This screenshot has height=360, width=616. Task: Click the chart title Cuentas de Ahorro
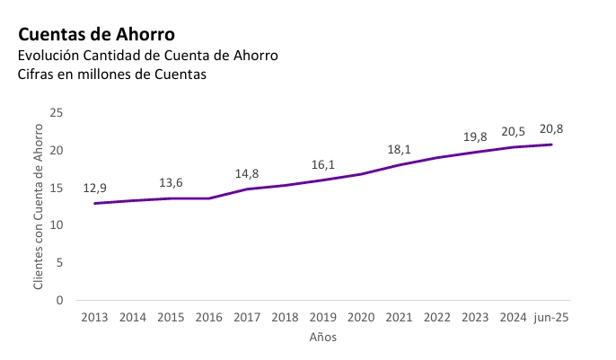[96, 34]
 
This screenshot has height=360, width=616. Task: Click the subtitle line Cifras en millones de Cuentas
[112, 75]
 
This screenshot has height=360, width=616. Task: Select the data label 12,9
[95, 189]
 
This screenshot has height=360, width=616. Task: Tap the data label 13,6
[171, 183]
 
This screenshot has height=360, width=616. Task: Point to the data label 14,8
[247, 174]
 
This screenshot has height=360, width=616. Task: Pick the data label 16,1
[322, 165]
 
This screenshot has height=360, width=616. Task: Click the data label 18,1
[399, 150]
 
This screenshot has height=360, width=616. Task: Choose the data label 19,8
[475, 137]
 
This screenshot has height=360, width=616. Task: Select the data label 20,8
[551, 129]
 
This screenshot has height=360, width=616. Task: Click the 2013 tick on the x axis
[95, 318]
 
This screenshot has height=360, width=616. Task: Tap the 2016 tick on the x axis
[209, 318]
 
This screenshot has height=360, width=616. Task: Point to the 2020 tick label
[361, 318]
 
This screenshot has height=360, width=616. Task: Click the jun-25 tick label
[551, 318]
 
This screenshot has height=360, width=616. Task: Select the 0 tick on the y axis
[60, 300]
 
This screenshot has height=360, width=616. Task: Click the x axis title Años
[323, 338]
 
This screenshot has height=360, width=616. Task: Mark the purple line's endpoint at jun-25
[551, 145]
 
